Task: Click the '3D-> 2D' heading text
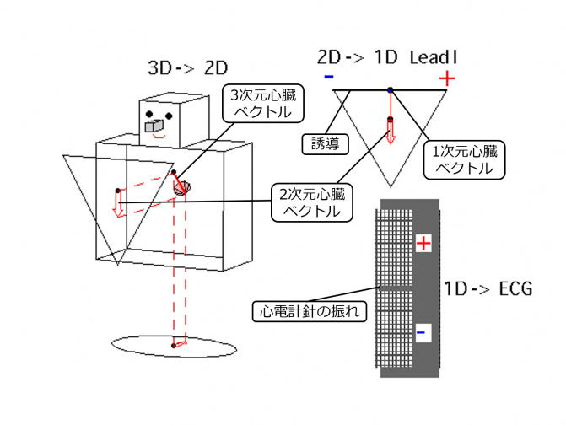(186, 67)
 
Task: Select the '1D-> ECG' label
(488, 289)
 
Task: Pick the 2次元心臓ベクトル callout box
(309, 202)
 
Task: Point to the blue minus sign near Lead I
(327, 78)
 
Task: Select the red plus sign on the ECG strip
(424, 244)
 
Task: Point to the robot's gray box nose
(154, 126)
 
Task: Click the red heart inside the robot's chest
(182, 187)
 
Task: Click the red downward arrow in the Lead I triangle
(391, 131)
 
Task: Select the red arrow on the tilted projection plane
(119, 203)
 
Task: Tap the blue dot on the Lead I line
(390, 89)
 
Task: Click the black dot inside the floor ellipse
(173, 345)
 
